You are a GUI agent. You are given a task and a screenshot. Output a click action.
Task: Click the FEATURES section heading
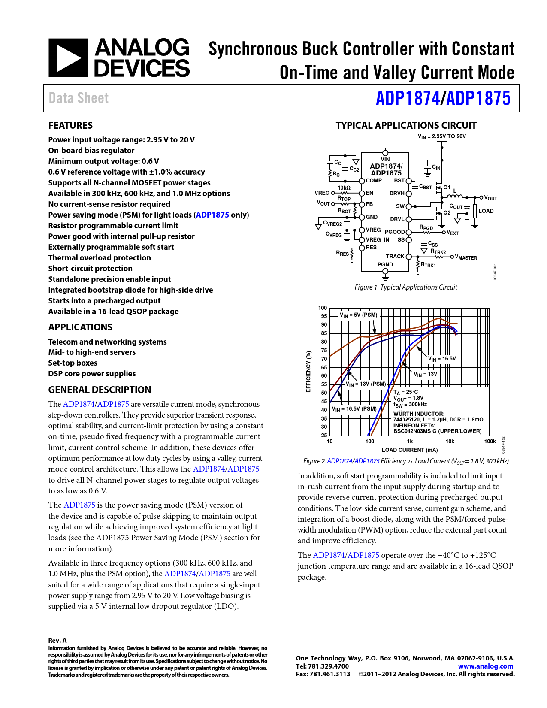[x=70, y=126]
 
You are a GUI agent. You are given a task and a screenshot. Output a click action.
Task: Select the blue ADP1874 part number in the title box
[x=408, y=98]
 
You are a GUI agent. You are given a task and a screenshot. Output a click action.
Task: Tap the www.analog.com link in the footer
[x=486, y=666]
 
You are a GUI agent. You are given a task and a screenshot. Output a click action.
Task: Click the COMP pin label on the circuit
[x=374, y=181]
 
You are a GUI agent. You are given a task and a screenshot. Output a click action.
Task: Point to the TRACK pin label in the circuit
[x=395, y=257]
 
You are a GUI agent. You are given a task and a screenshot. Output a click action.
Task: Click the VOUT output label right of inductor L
[x=490, y=198]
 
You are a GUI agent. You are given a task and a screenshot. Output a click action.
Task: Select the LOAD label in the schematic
[x=486, y=211]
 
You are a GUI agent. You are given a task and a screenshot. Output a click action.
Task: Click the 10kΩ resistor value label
[x=344, y=188]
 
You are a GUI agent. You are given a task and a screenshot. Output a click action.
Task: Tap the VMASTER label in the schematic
[x=466, y=257]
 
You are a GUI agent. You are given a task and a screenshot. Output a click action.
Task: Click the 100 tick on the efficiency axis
[x=323, y=308]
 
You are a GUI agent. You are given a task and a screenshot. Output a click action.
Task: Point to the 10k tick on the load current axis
[x=450, y=442]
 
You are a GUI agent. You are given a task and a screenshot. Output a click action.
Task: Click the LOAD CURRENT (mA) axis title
[x=410, y=450]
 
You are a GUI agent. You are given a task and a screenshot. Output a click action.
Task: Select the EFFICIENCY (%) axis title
[x=308, y=372]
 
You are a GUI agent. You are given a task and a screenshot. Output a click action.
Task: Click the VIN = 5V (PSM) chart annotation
[x=359, y=315]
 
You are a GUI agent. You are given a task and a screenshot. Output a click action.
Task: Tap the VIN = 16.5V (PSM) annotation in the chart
[x=354, y=409]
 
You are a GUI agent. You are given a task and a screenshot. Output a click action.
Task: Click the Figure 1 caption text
[x=406, y=287]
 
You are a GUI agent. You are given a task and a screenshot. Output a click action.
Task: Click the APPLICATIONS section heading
[x=80, y=327]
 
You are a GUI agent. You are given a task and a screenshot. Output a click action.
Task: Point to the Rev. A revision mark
[x=57, y=641]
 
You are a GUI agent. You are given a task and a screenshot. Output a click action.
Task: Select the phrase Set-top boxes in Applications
[x=73, y=363]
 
